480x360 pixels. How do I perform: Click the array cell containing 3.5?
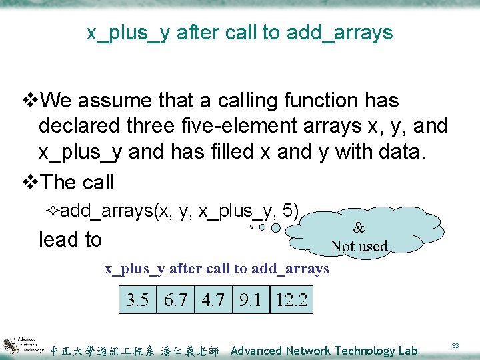coord(137,300)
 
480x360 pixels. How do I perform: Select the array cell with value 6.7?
coord(175,300)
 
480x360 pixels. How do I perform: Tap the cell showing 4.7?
coord(213,300)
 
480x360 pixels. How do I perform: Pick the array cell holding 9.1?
coord(250,300)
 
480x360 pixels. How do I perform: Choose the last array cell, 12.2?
coord(291,300)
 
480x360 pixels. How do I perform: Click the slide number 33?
coord(456,345)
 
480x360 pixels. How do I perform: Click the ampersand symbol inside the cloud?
coord(359,227)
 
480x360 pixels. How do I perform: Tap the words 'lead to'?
coord(70,239)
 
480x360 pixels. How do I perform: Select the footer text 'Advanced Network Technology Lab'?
coord(324,351)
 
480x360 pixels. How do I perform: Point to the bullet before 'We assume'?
coord(30,101)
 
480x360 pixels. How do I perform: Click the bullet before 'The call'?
coord(30,183)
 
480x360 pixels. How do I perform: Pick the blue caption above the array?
coord(217,269)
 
